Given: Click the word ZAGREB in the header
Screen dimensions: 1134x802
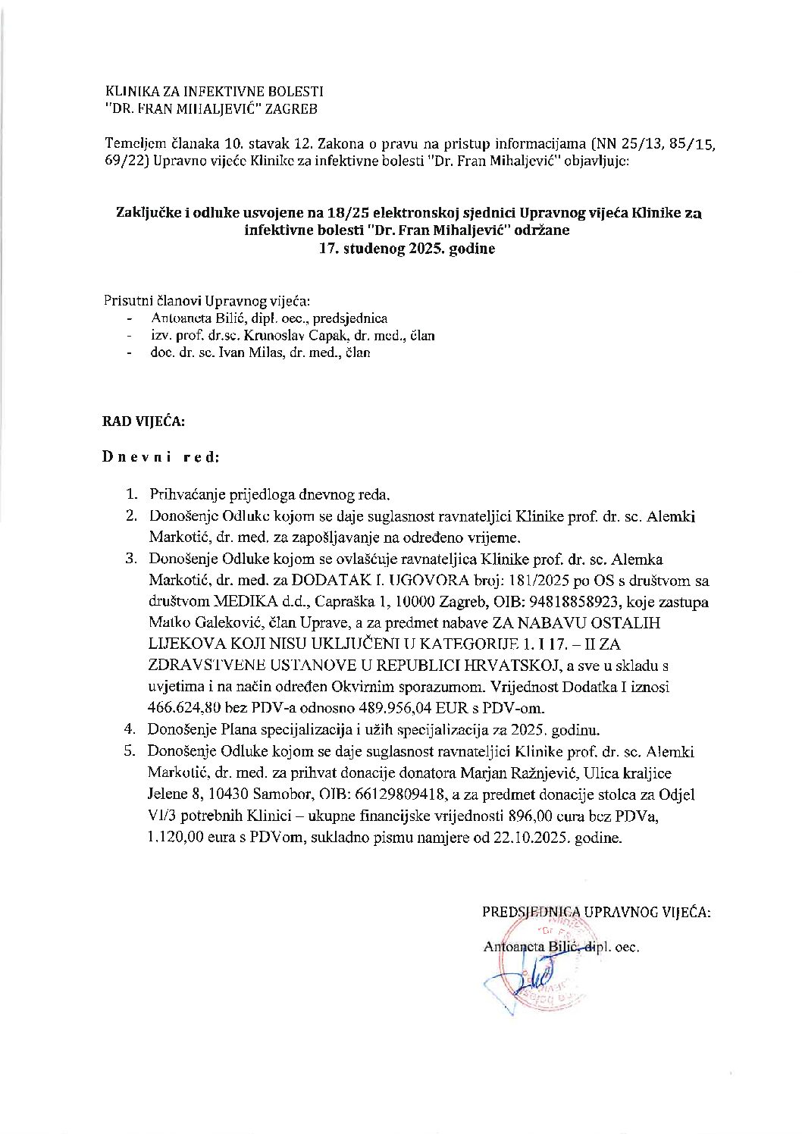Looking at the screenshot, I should click(x=293, y=108).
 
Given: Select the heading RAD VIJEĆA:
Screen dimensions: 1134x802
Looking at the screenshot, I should click(x=143, y=421).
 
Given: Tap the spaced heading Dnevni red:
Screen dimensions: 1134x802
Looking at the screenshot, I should click(x=161, y=458).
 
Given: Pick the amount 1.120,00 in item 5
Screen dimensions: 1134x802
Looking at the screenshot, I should click(x=177, y=839).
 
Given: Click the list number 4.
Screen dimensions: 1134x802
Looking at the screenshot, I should click(x=130, y=731).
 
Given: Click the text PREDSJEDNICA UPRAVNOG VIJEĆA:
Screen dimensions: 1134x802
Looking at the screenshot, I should click(x=597, y=913).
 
